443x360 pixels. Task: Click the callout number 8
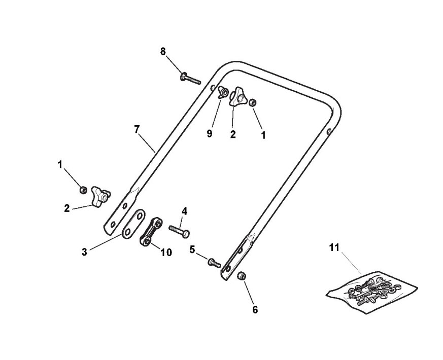click(163, 51)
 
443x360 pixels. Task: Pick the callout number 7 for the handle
click(137, 129)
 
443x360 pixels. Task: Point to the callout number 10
click(166, 252)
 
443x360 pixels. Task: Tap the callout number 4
click(185, 210)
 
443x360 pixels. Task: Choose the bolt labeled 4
click(179, 232)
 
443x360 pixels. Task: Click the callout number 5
click(192, 248)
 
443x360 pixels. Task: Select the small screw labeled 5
click(213, 263)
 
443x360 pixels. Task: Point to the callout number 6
click(255, 309)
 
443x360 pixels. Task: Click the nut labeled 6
click(243, 276)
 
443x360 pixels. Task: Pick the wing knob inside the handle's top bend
click(238, 98)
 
